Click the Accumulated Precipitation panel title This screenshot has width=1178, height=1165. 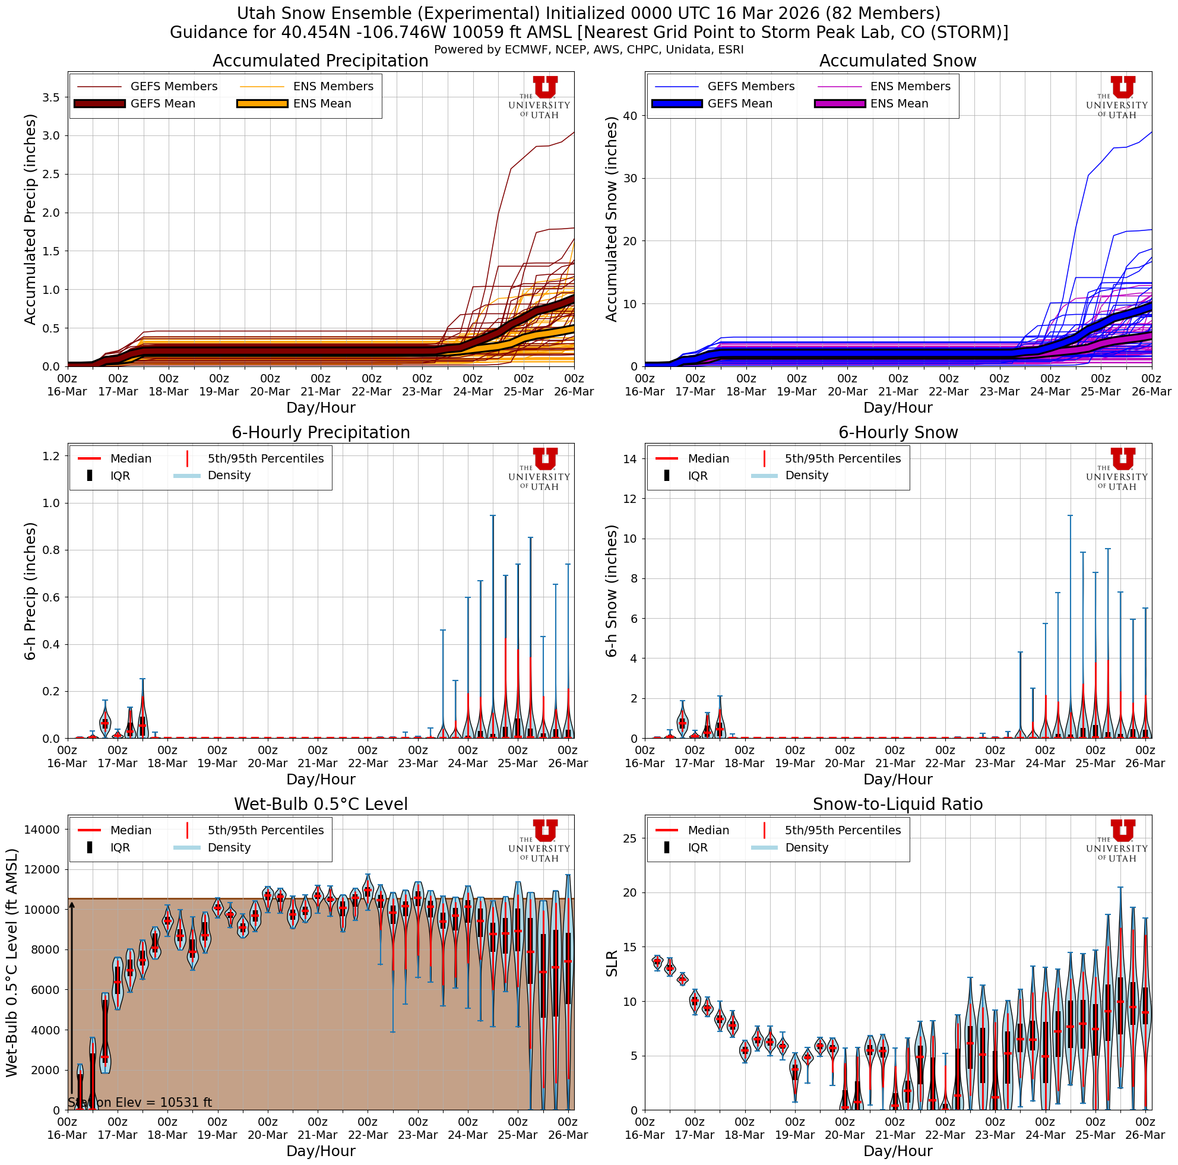coord(320,61)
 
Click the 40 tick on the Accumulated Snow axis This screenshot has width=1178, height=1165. coord(631,116)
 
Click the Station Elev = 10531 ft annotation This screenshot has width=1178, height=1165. coord(140,1102)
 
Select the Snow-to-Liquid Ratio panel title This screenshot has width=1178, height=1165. coord(898,804)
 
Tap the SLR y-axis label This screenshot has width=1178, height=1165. coord(612,963)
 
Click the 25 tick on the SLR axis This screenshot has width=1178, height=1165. coord(631,838)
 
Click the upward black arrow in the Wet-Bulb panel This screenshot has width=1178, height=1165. coord(72,1000)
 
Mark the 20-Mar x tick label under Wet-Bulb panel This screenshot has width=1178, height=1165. coord(268,1135)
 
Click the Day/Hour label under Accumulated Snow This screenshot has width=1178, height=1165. coord(898,407)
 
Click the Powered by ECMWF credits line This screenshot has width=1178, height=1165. coord(588,50)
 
